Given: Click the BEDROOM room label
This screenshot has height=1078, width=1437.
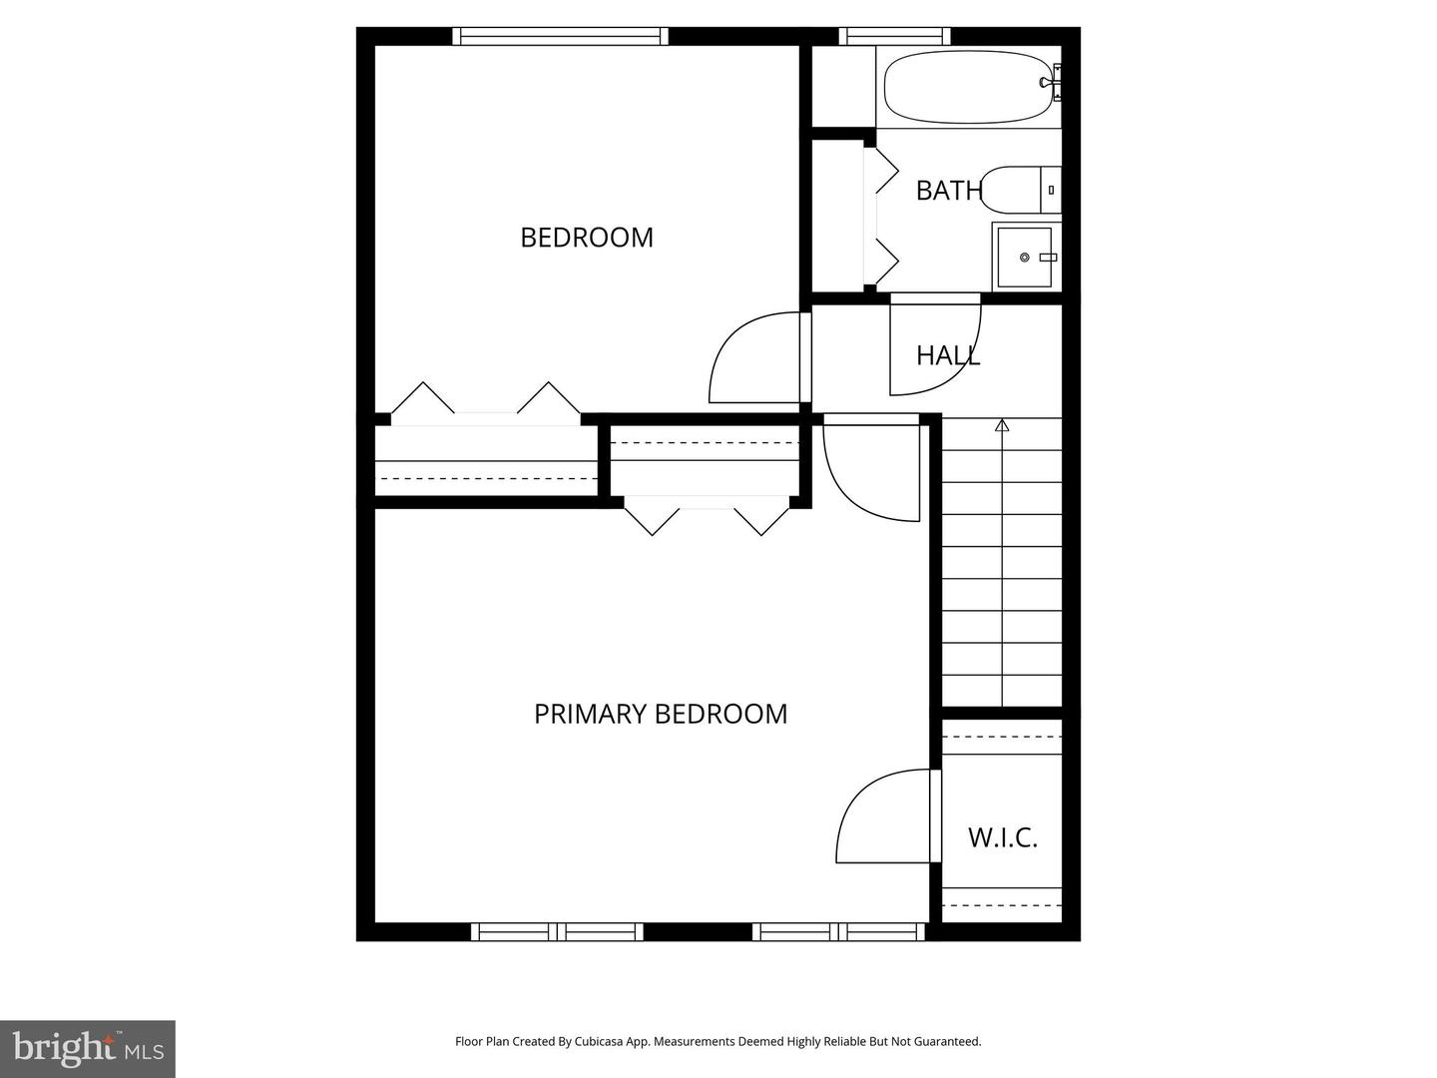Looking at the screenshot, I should [x=587, y=238].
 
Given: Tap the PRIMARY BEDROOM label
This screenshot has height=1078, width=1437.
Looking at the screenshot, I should [x=661, y=714].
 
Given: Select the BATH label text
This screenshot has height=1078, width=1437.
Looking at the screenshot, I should [x=948, y=190].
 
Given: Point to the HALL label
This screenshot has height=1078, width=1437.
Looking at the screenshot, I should [x=948, y=355].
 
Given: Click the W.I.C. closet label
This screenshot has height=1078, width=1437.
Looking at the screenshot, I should [x=1003, y=837].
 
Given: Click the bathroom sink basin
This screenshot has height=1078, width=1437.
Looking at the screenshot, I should [x=1024, y=258].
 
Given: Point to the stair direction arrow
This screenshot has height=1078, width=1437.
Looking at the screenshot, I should [x=1002, y=426].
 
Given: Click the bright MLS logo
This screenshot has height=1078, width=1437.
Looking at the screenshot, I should [x=87, y=1048].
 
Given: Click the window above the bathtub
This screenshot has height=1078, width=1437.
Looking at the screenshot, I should [x=894, y=37].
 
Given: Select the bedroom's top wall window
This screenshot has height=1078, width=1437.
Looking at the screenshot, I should [x=560, y=37].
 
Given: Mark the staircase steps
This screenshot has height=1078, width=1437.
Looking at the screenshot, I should [x=1002, y=564].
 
